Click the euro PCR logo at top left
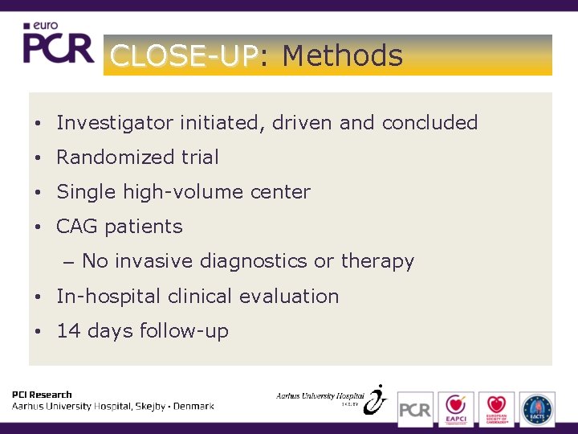58,43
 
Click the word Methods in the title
342,55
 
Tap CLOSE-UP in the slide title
184,55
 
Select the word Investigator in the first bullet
115,123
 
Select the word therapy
377,261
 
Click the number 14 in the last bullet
68,330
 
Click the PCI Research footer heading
42,395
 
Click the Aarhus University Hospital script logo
331,398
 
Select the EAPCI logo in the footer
455,408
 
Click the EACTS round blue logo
536,408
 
